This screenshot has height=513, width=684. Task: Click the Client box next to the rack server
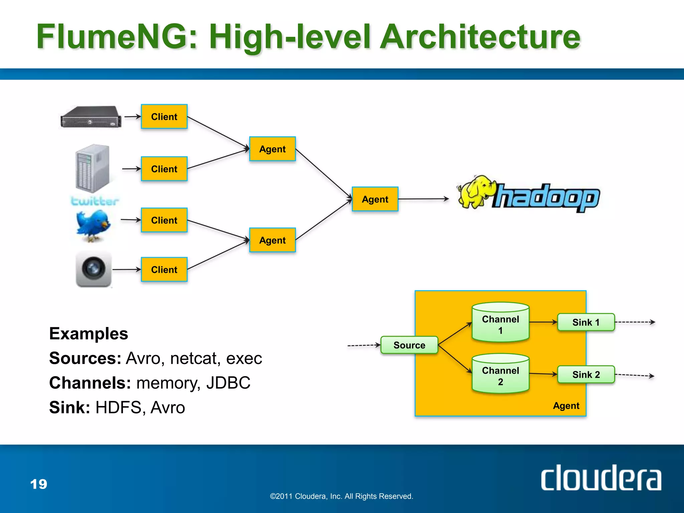[x=164, y=117]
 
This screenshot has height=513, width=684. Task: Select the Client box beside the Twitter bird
[x=164, y=220]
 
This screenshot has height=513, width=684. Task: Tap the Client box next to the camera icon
[x=164, y=270]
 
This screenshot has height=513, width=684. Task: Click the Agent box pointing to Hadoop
[x=375, y=199]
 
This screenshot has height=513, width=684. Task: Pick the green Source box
[x=409, y=345]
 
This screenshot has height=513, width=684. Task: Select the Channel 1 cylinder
[x=500, y=323]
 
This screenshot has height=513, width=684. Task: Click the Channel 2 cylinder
[x=500, y=374]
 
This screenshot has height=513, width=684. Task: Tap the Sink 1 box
[x=586, y=322]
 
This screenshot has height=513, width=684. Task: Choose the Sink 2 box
[x=586, y=374]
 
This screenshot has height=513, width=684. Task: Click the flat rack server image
[x=91, y=117]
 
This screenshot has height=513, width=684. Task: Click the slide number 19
[x=39, y=484]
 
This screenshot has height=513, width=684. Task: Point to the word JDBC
[x=228, y=383]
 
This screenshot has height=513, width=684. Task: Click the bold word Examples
[x=89, y=334]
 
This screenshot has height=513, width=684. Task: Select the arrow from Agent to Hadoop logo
[x=423, y=199]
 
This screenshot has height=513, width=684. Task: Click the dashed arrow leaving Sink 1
[x=635, y=322]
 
